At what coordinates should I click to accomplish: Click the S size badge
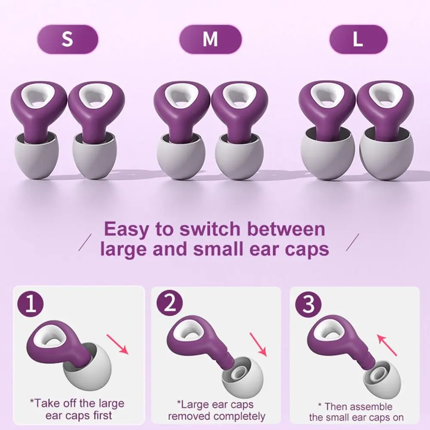click(68, 39)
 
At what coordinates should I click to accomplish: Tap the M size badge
click(210, 39)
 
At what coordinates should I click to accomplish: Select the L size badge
click(358, 39)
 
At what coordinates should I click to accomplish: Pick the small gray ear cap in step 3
click(381, 379)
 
